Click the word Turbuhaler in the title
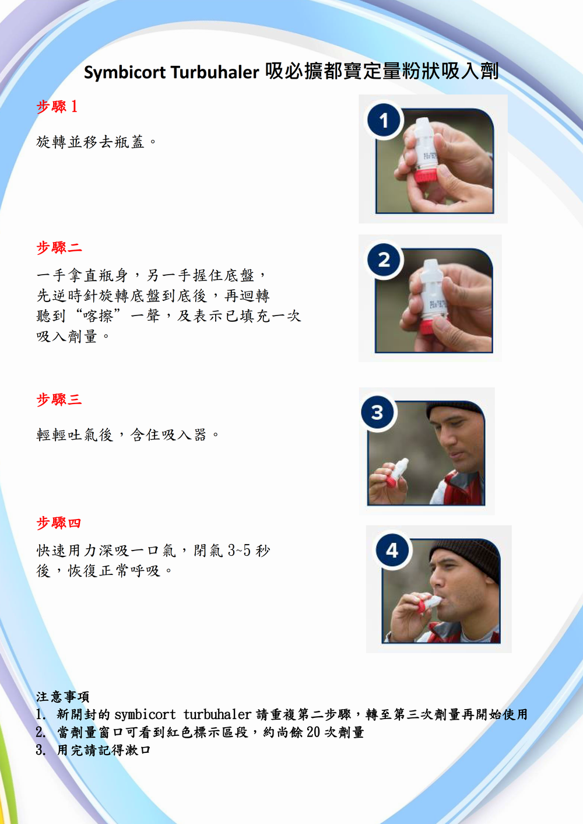[215, 72]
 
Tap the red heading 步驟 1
[57, 107]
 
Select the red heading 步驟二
[59, 248]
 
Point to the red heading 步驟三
[59, 399]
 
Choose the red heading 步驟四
[58, 523]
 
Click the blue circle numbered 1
[384, 120]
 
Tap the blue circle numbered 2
[384, 260]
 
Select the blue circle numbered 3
[377, 412]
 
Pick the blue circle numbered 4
[392, 550]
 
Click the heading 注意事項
[62, 696]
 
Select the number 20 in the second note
[314, 732]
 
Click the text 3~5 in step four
[239, 550]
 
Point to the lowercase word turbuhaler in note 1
[217, 714]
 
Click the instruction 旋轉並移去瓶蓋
[90, 142]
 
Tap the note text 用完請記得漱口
[104, 750]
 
